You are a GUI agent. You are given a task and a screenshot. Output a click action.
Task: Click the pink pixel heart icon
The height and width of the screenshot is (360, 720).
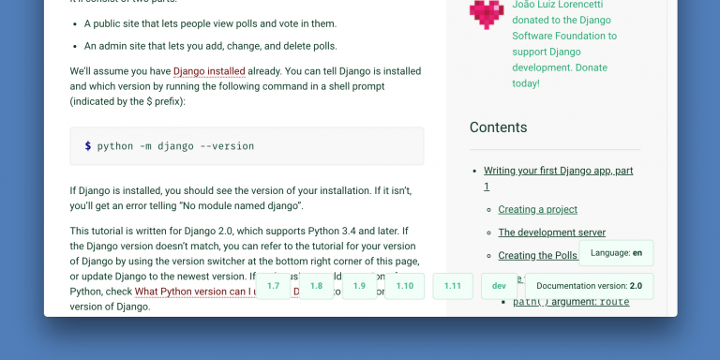pos(487,13)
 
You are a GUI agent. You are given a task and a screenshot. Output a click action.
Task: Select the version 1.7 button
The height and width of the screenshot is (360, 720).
pos(273,286)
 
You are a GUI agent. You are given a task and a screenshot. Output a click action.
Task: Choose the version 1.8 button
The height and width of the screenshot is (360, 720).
pos(316,286)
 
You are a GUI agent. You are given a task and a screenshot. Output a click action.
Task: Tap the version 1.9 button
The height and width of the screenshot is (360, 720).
pos(360,286)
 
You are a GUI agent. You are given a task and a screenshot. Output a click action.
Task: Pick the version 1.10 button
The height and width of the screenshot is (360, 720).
pos(404,286)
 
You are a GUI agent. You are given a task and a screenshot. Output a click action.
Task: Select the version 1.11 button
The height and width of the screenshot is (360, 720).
pos(453,286)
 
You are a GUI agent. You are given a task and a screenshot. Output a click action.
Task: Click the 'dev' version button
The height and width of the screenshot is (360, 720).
pos(499,286)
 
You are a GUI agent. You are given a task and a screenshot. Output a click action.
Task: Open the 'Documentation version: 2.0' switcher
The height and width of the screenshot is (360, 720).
pos(589,286)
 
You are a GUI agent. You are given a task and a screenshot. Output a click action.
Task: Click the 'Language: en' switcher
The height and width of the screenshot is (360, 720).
pos(616,253)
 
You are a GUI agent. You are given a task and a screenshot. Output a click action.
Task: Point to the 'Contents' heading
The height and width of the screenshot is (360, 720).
pos(498,127)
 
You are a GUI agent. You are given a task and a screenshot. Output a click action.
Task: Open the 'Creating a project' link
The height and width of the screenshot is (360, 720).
pos(537,209)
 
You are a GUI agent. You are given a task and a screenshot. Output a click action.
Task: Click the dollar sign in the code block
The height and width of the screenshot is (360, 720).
pos(87,146)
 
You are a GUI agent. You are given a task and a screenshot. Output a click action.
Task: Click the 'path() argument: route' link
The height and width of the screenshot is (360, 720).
pos(570,302)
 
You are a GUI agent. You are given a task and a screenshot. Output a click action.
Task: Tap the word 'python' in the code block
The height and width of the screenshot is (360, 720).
pos(115,146)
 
